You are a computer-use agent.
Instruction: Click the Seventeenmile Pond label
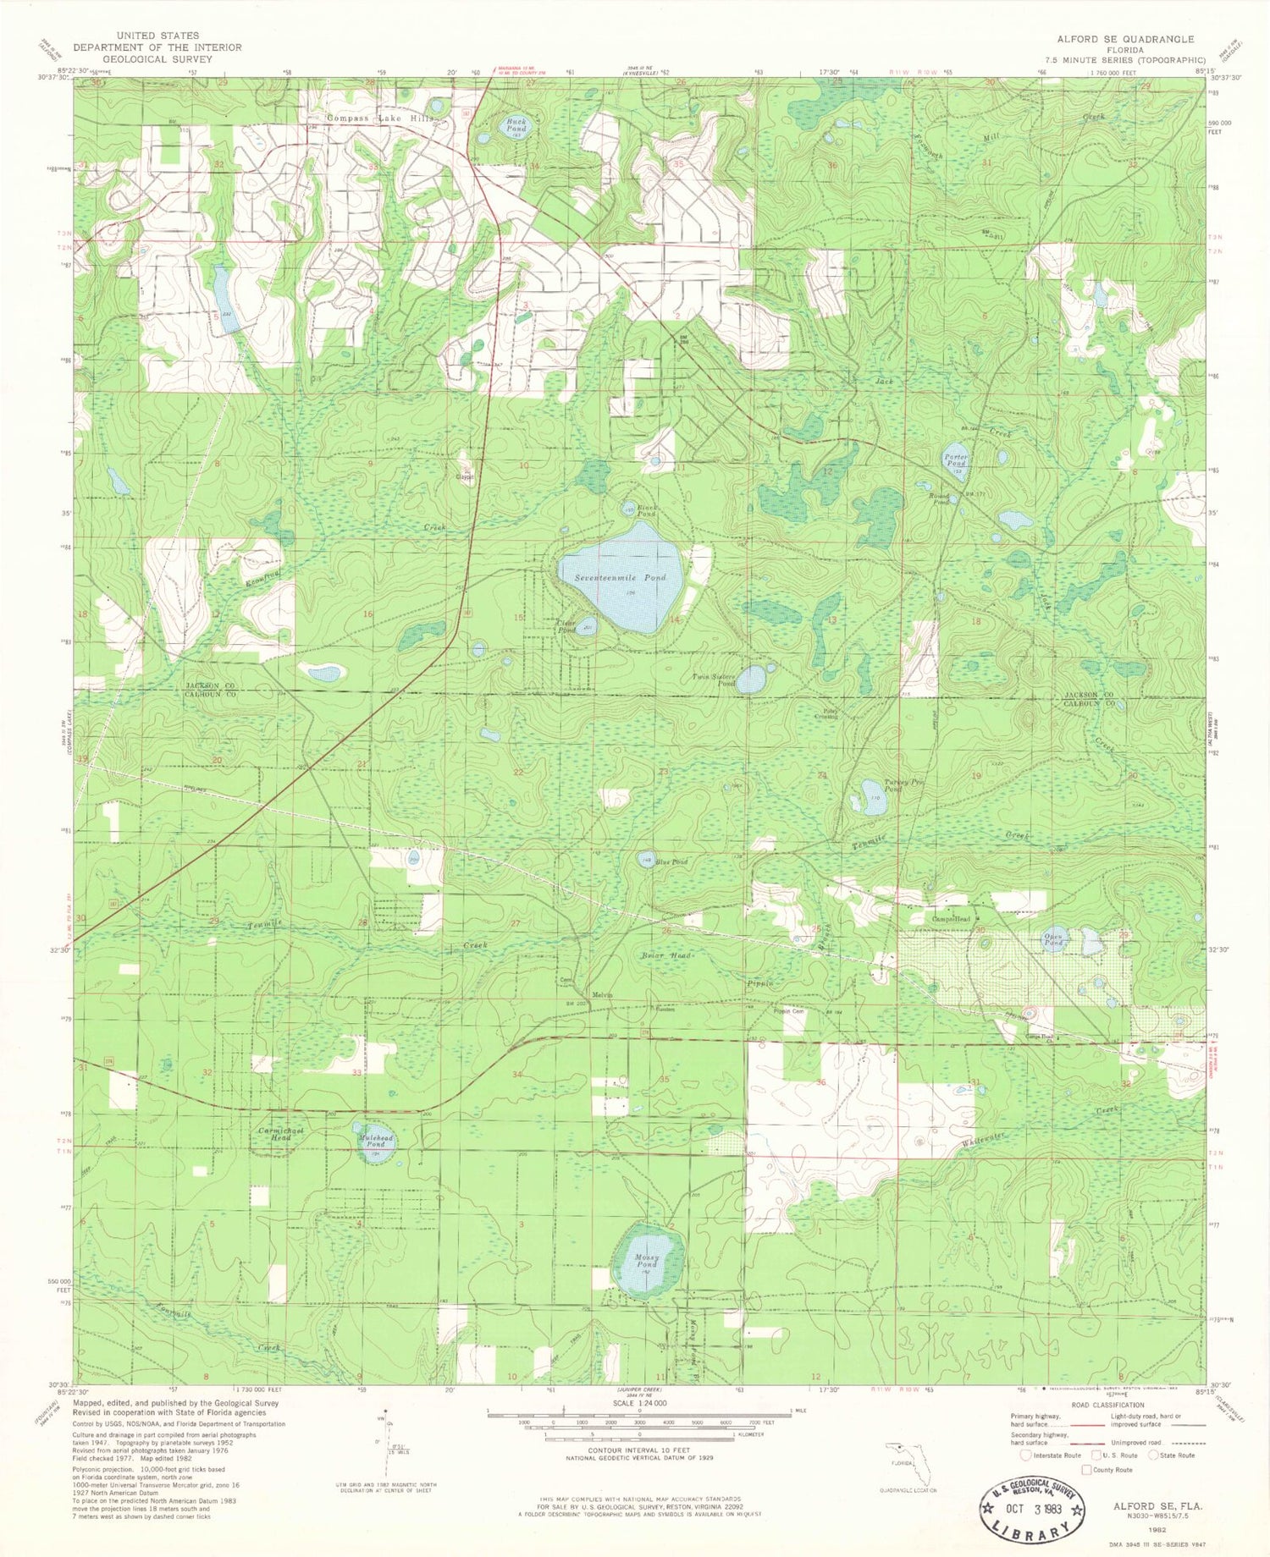621,577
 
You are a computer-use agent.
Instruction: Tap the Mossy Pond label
646,1261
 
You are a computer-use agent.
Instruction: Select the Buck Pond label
516,125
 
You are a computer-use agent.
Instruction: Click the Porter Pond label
956,459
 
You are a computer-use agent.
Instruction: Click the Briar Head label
666,955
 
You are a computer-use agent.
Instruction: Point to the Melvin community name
602,995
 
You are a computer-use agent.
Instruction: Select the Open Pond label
1053,938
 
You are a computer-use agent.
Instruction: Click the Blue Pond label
673,862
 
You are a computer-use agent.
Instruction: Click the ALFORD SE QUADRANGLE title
1125,39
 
